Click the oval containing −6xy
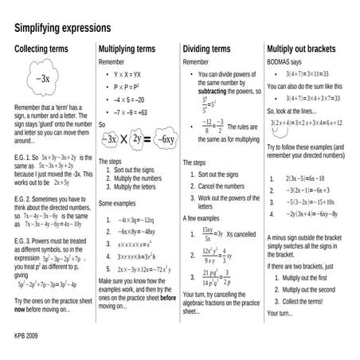(165, 139)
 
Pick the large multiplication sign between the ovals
(125, 139)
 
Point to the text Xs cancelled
(241, 235)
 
